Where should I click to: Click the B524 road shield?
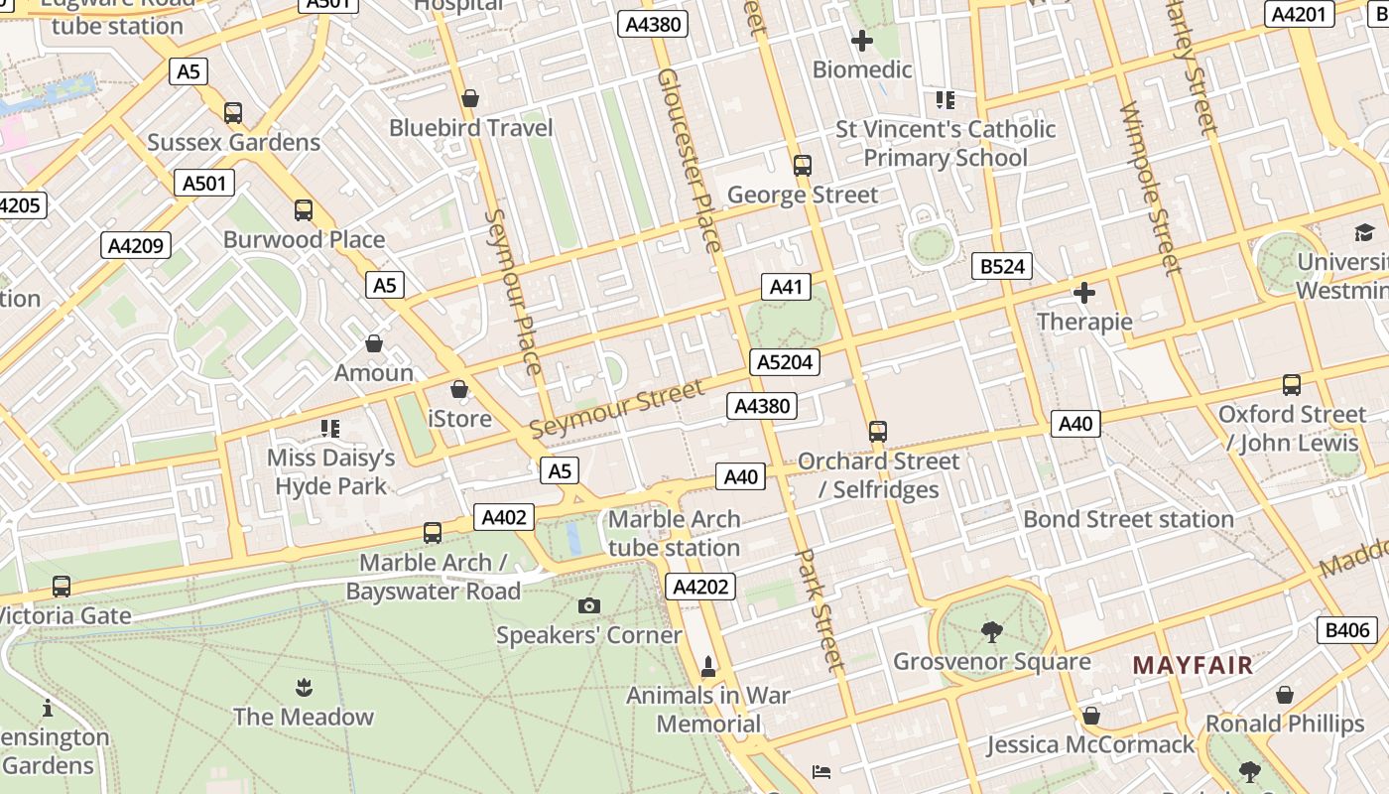[1002, 266]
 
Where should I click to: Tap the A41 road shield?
[785, 288]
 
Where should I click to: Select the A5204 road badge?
[785, 362]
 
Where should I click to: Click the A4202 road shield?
[700, 587]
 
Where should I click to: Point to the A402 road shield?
[504, 517]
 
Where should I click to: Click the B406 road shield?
[1346, 629]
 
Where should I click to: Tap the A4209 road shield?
[136, 246]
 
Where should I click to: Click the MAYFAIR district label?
[1193, 665]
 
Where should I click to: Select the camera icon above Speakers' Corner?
[588, 605]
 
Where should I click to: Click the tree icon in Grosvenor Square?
[991, 631]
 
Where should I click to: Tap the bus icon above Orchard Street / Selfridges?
[877, 432]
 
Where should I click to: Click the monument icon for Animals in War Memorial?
[708, 666]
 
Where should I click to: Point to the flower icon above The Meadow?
[304, 687]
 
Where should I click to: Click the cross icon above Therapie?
[1084, 293]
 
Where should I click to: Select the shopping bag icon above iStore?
[458, 389]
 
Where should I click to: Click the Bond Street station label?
[1128, 519]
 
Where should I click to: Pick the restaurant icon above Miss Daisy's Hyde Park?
[330, 429]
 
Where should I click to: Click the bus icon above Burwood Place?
[304, 210]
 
